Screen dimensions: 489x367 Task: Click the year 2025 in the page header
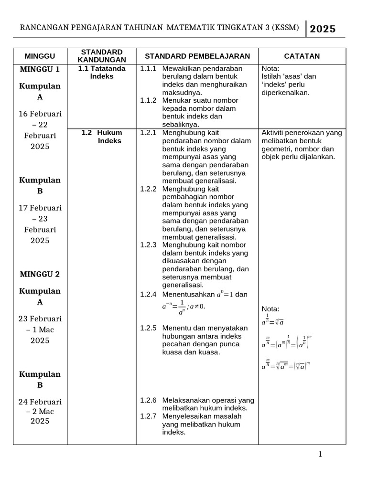(323, 29)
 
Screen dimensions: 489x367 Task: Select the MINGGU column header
(40, 56)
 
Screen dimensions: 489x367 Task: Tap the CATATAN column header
(302, 56)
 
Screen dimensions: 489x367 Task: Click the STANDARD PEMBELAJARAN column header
(197, 56)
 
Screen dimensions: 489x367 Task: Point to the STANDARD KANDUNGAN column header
(102, 56)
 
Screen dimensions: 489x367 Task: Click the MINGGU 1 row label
(40, 69)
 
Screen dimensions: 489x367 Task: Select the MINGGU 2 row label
(40, 274)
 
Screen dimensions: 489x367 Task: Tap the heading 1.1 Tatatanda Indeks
(102, 73)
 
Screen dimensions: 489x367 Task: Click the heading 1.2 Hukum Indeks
(102, 137)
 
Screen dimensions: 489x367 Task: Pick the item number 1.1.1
(148, 69)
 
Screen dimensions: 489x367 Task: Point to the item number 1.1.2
(148, 101)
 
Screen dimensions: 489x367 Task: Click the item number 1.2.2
(148, 189)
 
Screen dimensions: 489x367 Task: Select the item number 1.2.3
(148, 244)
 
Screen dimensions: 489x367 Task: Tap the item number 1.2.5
(148, 328)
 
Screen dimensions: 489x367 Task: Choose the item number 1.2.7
(148, 416)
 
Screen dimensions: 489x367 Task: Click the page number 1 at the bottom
(320, 454)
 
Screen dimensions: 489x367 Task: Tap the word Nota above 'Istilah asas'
(271, 69)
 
